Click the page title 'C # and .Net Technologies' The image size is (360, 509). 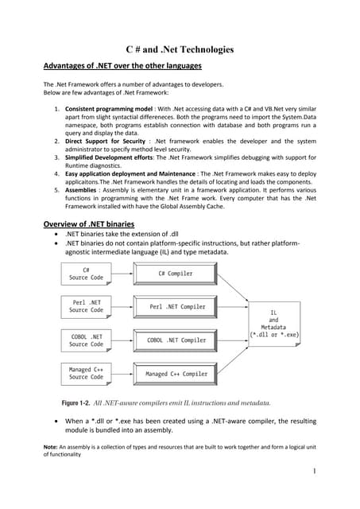[180, 49]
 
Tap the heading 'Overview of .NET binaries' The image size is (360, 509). [88, 223]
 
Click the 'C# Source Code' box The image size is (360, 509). [86, 274]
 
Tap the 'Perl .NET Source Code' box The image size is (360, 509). [86, 306]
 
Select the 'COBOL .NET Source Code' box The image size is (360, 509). [86, 340]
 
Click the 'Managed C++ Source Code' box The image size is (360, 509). [86, 373]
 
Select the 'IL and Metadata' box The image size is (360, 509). [274, 324]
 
